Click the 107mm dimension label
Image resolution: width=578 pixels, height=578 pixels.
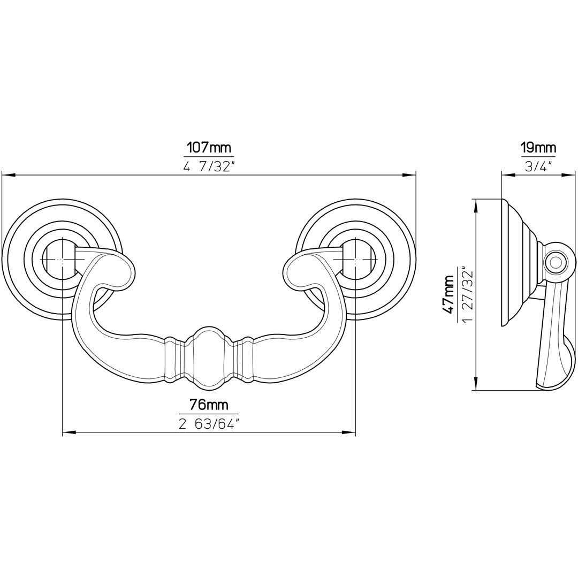(209, 147)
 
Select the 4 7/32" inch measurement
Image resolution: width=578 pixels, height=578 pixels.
(209, 166)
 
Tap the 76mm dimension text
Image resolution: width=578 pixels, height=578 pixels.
(209, 405)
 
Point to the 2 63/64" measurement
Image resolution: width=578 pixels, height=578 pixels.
(209, 424)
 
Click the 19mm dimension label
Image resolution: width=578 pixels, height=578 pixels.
(538, 147)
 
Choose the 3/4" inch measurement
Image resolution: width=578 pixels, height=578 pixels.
(538, 166)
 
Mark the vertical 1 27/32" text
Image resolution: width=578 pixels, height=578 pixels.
(467, 294)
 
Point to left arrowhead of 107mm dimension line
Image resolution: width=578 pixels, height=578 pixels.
(6, 174)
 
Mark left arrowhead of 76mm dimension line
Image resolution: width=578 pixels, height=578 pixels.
(67, 432)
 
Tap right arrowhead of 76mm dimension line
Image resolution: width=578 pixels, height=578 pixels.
(351, 432)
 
